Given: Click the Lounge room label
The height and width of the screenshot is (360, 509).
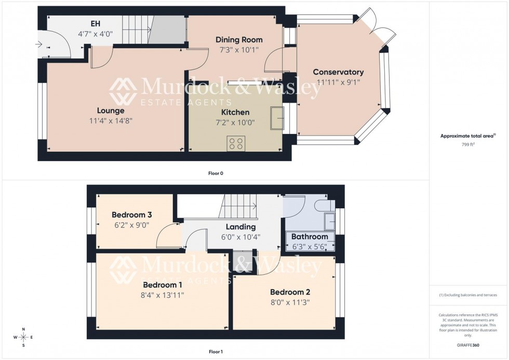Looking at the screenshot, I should (111, 110).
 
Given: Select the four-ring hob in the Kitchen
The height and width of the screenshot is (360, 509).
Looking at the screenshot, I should (236, 143).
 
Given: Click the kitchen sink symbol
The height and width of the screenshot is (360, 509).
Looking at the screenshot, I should (276, 117).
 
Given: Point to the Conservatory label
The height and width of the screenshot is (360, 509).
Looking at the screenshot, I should (338, 72).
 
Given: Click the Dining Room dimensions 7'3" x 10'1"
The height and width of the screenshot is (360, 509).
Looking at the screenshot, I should (239, 50).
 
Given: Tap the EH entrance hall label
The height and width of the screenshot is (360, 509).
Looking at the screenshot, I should (95, 24).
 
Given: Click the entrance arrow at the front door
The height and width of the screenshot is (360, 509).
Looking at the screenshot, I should (39, 45).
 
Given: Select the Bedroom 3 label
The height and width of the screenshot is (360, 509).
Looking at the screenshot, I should (132, 215).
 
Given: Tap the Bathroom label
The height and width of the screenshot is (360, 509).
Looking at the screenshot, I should (310, 236).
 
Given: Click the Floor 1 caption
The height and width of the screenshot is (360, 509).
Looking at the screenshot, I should (216, 352).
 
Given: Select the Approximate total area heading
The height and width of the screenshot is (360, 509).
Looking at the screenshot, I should (467, 136).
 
